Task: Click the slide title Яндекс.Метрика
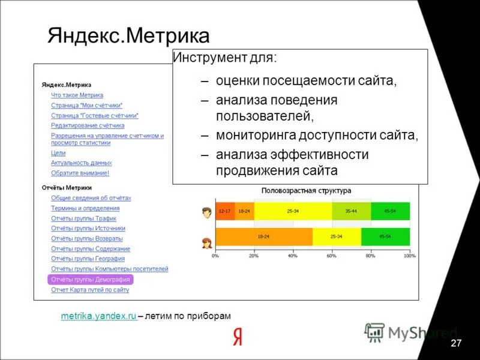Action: (128, 35)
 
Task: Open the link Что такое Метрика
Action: (77, 95)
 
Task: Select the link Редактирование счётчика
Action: (88, 125)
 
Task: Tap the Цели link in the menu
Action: (58, 153)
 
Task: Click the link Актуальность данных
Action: (81, 163)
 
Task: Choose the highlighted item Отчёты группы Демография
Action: (89, 280)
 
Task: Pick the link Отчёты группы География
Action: (88, 259)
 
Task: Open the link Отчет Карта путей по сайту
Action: (90, 290)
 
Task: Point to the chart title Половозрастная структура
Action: (306, 190)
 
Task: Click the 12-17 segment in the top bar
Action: (224, 211)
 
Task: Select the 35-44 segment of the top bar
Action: (351, 211)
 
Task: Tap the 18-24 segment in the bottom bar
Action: (263, 237)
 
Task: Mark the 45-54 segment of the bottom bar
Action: (385, 237)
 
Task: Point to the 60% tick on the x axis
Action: (331, 256)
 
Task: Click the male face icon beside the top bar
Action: (207, 212)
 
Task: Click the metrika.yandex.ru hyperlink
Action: (99, 316)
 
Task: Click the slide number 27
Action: (456, 343)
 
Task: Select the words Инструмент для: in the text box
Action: (225, 58)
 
